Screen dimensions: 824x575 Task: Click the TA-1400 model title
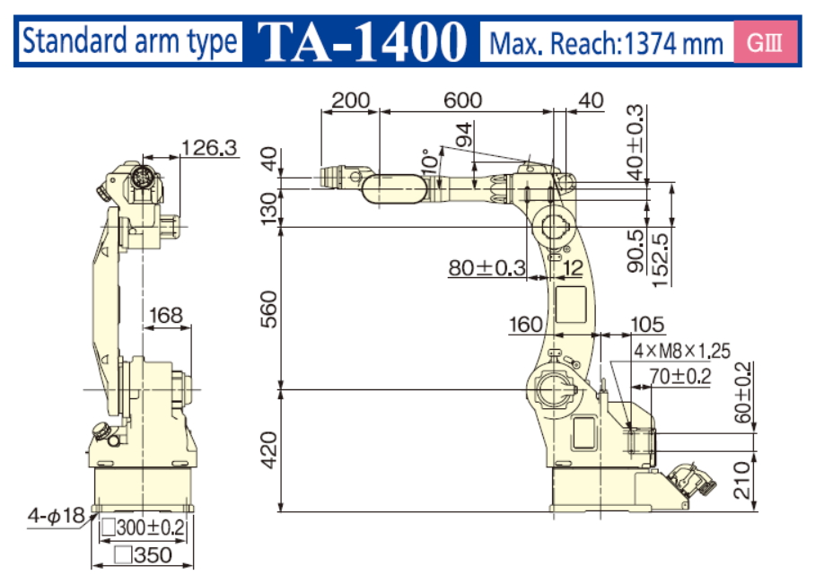362,42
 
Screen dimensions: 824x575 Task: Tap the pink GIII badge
765,42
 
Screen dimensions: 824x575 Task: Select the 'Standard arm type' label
130,42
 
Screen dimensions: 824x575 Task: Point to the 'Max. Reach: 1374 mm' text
606,43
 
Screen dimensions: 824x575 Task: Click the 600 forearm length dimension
462,100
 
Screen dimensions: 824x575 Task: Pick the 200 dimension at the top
351,100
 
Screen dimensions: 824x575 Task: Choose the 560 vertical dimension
268,309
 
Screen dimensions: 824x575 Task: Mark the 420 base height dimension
268,450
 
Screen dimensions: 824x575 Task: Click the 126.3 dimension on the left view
209,148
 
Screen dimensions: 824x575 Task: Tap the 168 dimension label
166,316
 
